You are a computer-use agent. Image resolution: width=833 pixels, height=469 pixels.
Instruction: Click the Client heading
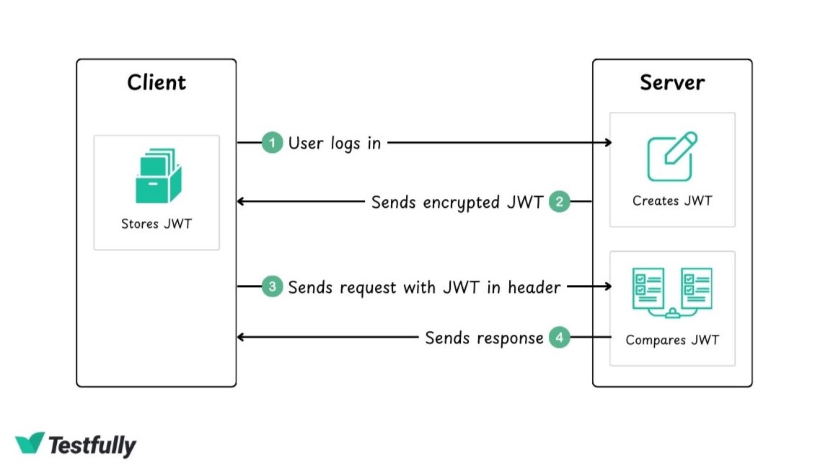(157, 82)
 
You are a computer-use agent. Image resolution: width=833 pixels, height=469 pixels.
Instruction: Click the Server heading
(672, 82)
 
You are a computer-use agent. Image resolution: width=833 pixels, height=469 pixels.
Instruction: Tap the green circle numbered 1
(272, 143)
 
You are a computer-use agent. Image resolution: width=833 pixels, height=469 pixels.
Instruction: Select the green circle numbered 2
(559, 201)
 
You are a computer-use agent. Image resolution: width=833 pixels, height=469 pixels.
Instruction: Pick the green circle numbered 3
(272, 287)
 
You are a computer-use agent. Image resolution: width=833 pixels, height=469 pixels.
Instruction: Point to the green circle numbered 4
(559, 337)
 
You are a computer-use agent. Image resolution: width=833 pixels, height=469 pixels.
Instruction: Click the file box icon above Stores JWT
(158, 176)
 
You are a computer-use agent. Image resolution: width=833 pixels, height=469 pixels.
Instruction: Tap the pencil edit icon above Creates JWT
(672, 156)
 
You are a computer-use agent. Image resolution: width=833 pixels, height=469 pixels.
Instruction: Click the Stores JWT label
(157, 224)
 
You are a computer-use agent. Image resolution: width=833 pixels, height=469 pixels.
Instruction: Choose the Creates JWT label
(672, 201)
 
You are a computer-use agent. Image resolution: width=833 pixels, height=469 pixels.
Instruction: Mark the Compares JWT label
(672, 340)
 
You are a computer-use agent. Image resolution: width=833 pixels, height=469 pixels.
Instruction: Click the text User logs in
(334, 143)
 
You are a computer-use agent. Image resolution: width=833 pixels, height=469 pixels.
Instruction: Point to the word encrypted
(462, 202)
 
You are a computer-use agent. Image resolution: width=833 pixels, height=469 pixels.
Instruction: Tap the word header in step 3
(534, 287)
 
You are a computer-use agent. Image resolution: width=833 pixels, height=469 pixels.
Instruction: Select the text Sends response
(484, 338)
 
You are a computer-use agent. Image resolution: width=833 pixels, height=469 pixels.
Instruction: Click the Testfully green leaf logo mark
(30, 444)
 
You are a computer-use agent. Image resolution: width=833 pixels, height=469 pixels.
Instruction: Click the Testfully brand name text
(92, 445)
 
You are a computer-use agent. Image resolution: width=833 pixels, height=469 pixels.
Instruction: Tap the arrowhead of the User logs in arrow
(608, 143)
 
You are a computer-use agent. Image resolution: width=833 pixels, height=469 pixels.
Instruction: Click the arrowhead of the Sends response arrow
(242, 337)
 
